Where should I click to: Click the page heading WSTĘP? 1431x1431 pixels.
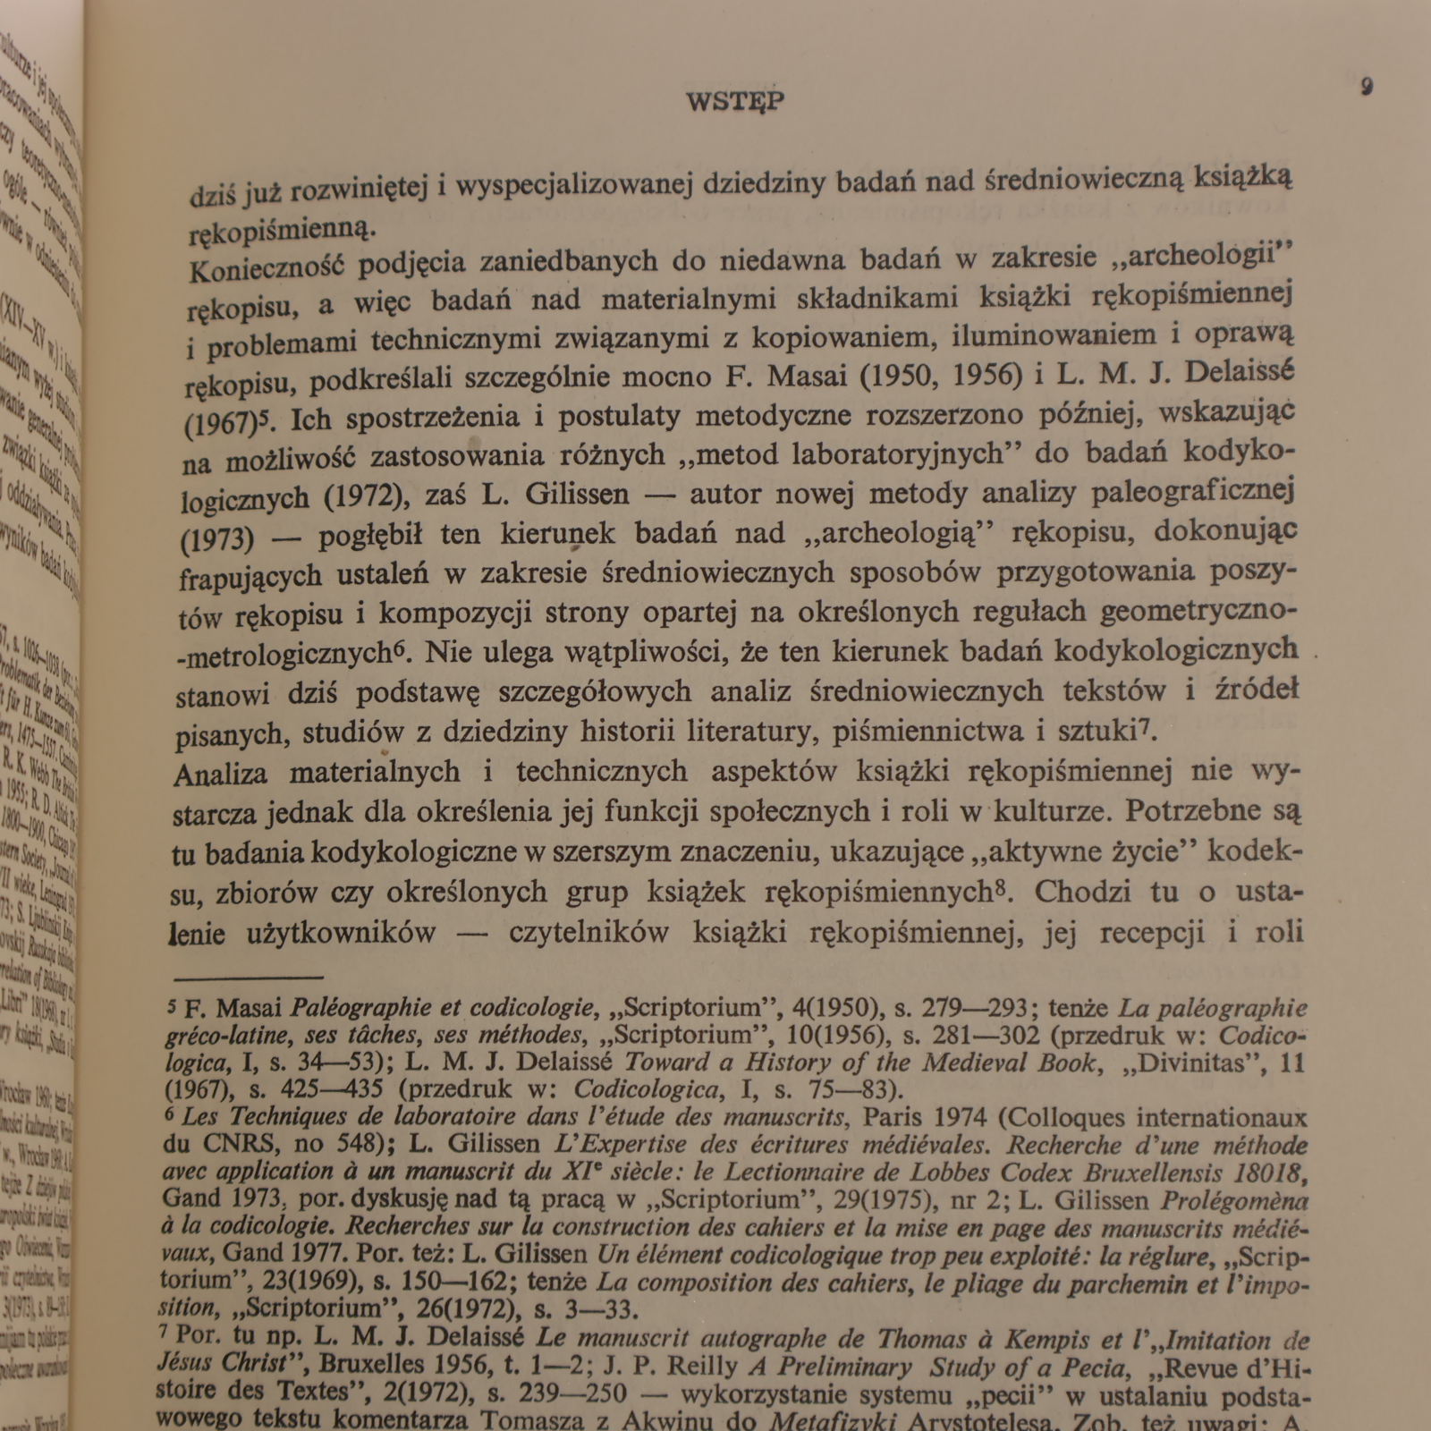pyautogui.click(x=735, y=101)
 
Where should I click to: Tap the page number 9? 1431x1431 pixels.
pyautogui.click(x=1367, y=87)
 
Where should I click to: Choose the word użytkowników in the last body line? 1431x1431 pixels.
pyautogui.click(x=340, y=933)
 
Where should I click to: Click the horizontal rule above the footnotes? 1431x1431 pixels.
pyautogui.click(x=248, y=978)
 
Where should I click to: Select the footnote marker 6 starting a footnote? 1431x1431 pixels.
pyautogui.click(x=169, y=1115)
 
